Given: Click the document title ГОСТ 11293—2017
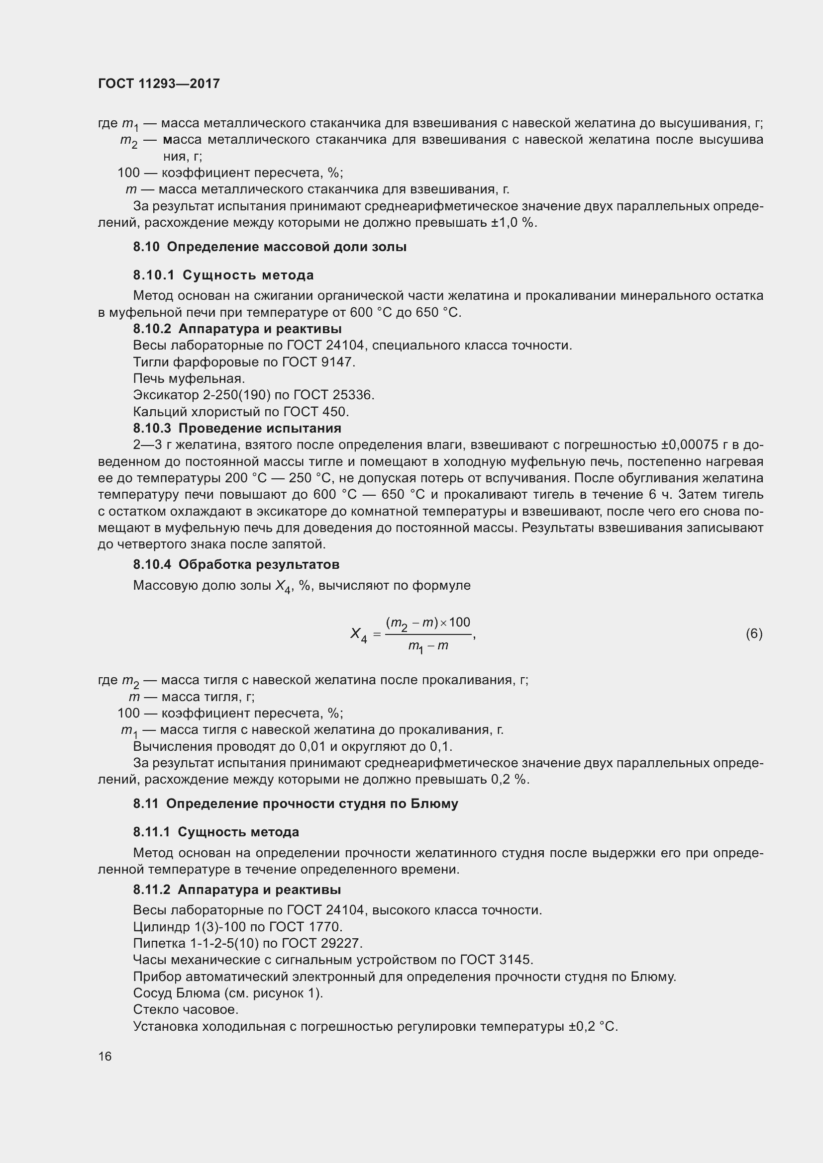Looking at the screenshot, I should (x=159, y=84).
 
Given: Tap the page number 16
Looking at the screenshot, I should (x=105, y=1056).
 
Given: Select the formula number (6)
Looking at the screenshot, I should (x=753, y=633).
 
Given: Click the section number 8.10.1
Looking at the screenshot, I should (x=154, y=275).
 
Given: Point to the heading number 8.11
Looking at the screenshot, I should (x=145, y=804).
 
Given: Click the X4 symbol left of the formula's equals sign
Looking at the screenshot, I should (x=358, y=634).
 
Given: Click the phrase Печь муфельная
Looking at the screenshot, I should (x=189, y=378).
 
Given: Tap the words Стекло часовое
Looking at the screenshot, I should (x=186, y=1009).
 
